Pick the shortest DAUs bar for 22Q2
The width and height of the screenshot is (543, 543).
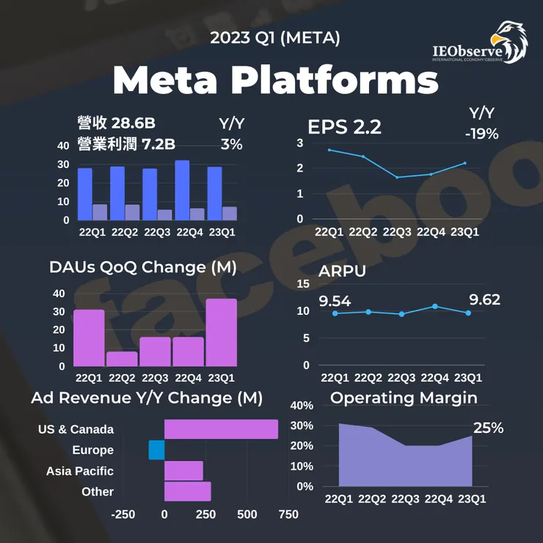pyautogui.click(x=122, y=359)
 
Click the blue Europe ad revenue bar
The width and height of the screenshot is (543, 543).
pyautogui.click(x=156, y=450)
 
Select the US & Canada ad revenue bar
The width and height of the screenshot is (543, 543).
pyautogui.click(x=221, y=429)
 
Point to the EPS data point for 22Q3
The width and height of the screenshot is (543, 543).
pyautogui.click(x=397, y=178)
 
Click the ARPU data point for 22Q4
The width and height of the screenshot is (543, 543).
pyautogui.click(x=435, y=306)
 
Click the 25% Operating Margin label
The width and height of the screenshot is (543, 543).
pyautogui.click(x=488, y=428)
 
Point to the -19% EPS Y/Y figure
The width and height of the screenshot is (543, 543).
pyautogui.click(x=481, y=134)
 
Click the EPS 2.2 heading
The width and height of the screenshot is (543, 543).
pyautogui.click(x=344, y=126)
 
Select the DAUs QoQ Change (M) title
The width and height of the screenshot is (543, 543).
pyautogui.click(x=143, y=268)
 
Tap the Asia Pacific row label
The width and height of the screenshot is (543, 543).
pyautogui.click(x=80, y=471)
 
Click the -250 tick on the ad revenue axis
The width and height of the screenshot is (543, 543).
pyautogui.click(x=123, y=514)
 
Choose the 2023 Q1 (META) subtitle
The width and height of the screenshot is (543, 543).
pyautogui.click(x=275, y=38)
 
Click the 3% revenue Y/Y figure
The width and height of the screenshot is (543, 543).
pyautogui.click(x=231, y=145)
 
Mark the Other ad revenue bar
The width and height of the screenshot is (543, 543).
pyautogui.click(x=187, y=492)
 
